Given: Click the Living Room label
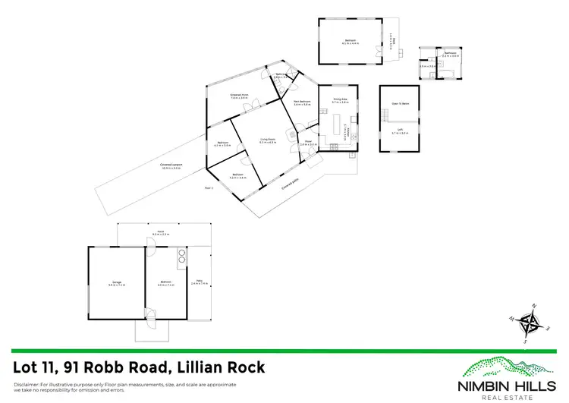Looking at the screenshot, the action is (267, 140).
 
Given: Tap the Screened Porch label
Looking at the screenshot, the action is (240, 95).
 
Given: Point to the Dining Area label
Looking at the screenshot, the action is (340, 99).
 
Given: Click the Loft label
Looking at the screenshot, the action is (400, 131).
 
